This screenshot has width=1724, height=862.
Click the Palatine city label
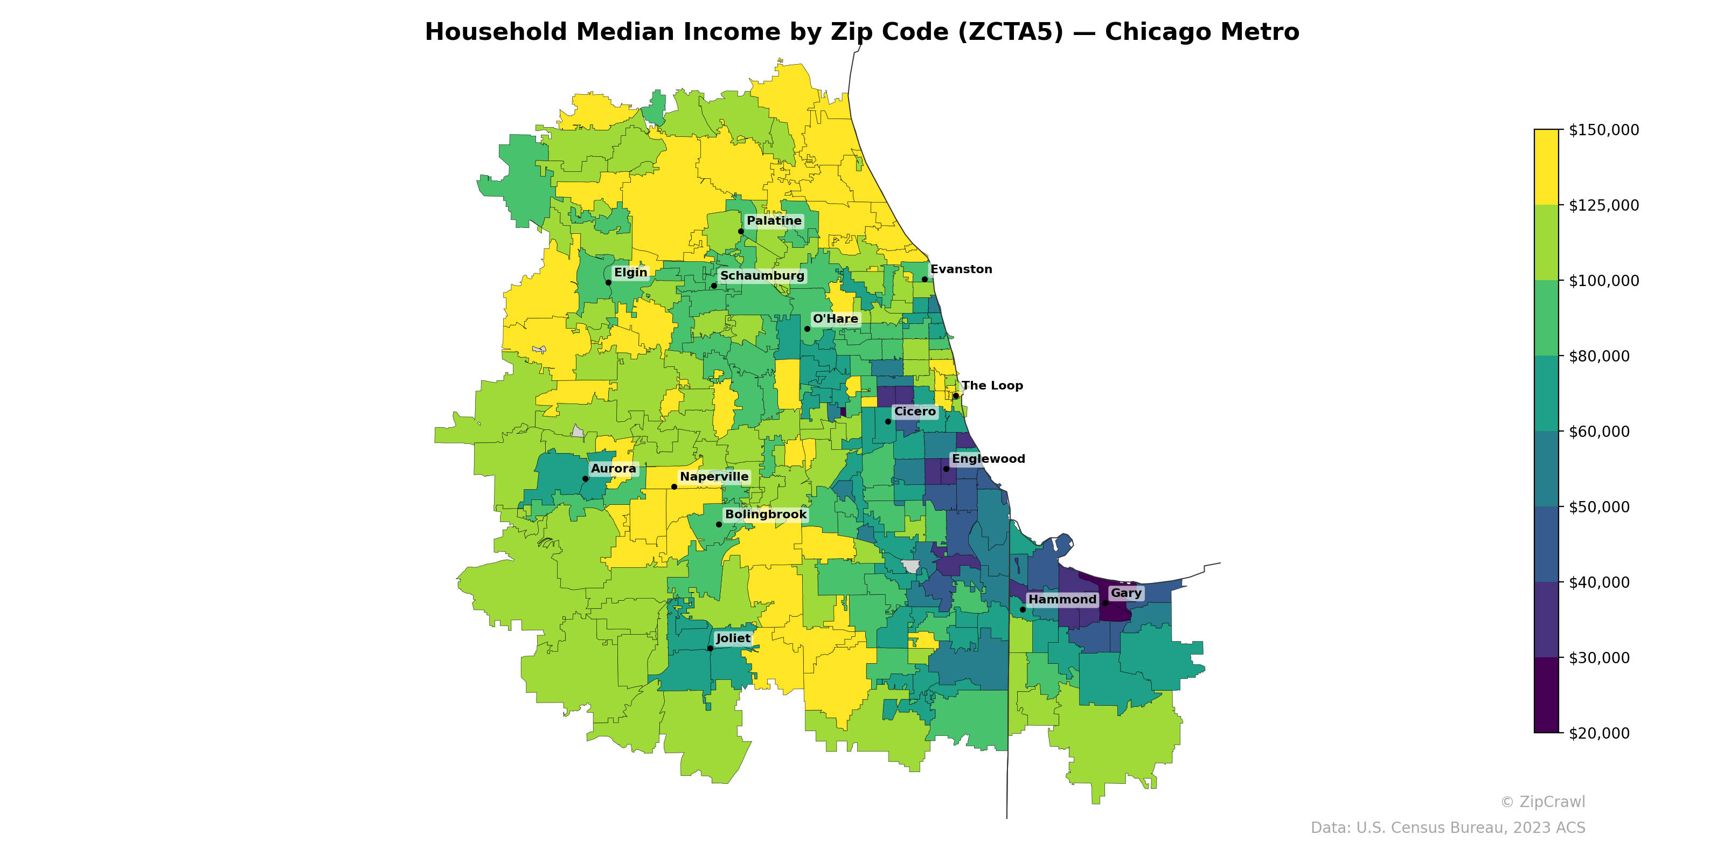774,221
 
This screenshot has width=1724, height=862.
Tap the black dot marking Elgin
608,282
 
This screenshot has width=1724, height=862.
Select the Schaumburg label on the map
762,276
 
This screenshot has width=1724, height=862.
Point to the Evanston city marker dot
925,280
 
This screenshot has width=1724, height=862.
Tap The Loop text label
992,386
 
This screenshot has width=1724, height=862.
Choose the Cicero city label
915,412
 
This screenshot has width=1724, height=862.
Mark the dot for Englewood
947,469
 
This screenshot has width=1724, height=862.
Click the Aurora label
613,469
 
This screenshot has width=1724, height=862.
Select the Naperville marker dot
674,486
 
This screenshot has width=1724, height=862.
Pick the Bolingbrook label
766,515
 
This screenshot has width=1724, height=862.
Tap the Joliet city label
733,638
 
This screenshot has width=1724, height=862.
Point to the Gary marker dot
1105,603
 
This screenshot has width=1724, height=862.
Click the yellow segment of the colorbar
1546,168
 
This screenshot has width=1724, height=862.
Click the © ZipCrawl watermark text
1542,802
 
